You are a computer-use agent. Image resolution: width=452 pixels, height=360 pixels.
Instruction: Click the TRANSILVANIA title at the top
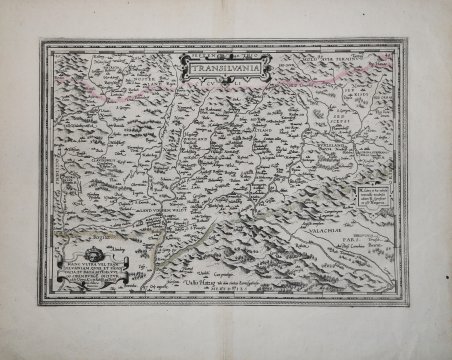tap(214, 70)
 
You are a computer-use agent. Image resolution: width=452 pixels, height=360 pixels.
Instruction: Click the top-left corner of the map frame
tap(42, 41)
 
